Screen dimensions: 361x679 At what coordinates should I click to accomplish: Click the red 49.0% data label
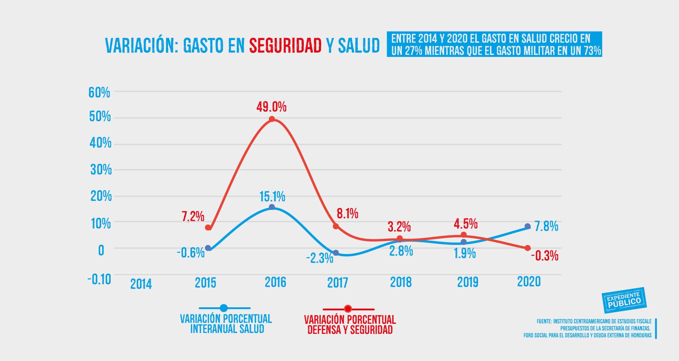[x=271, y=107]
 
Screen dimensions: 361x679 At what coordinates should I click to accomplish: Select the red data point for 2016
[x=272, y=119]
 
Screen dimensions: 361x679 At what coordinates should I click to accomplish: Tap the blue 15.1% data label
[x=272, y=196]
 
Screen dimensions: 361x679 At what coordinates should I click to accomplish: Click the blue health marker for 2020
[x=528, y=226]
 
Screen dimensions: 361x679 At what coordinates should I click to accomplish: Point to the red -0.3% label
[x=545, y=256]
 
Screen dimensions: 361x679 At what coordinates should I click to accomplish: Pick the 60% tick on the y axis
[x=99, y=93]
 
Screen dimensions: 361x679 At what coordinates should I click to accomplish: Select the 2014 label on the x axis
[x=141, y=284]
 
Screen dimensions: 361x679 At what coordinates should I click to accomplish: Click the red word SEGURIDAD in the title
[x=285, y=45]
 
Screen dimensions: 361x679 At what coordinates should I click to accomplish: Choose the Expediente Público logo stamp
[x=624, y=300]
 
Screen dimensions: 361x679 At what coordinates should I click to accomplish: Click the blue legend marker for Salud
[x=224, y=308]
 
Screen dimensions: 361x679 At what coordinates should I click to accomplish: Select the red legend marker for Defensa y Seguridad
[x=348, y=309]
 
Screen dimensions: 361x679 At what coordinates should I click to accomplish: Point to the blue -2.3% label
[x=320, y=259]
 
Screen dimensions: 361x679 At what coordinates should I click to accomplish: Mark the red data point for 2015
[x=208, y=228]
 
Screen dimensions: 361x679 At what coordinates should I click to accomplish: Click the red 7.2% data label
[x=193, y=216]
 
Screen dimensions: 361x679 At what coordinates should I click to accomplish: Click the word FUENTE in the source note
[x=544, y=321]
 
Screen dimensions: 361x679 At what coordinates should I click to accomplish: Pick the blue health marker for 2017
[x=336, y=253]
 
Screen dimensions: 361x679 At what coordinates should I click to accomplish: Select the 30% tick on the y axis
[x=101, y=170]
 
